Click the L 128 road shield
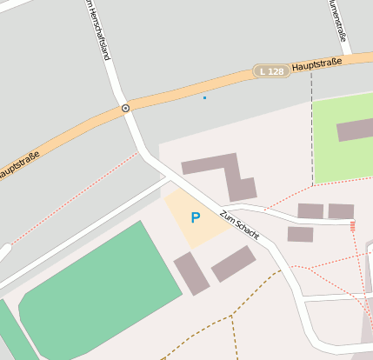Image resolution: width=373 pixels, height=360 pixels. click(x=272, y=70)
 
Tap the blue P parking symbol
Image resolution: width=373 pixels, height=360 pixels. click(x=196, y=218)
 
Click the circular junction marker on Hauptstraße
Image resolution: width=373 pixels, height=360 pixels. click(x=125, y=108)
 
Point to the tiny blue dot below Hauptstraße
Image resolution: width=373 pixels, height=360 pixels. click(x=204, y=97)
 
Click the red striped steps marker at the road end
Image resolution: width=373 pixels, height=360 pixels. click(x=352, y=226)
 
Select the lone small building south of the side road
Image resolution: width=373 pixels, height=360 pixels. click(x=300, y=234)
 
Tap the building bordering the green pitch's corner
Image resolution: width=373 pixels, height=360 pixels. click(x=191, y=273)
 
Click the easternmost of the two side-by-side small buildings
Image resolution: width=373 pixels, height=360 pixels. click(x=341, y=211)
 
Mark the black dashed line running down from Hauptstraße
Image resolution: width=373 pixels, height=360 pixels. click(x=311, y=130)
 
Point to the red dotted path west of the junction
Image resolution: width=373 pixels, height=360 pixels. click(x=70, y=199)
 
